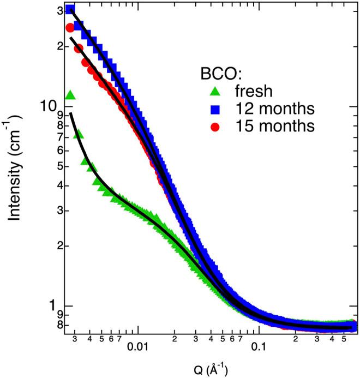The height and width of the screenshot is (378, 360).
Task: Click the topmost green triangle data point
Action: click(x=70, y=96)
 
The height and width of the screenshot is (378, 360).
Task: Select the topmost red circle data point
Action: click(x=70, y=28)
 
